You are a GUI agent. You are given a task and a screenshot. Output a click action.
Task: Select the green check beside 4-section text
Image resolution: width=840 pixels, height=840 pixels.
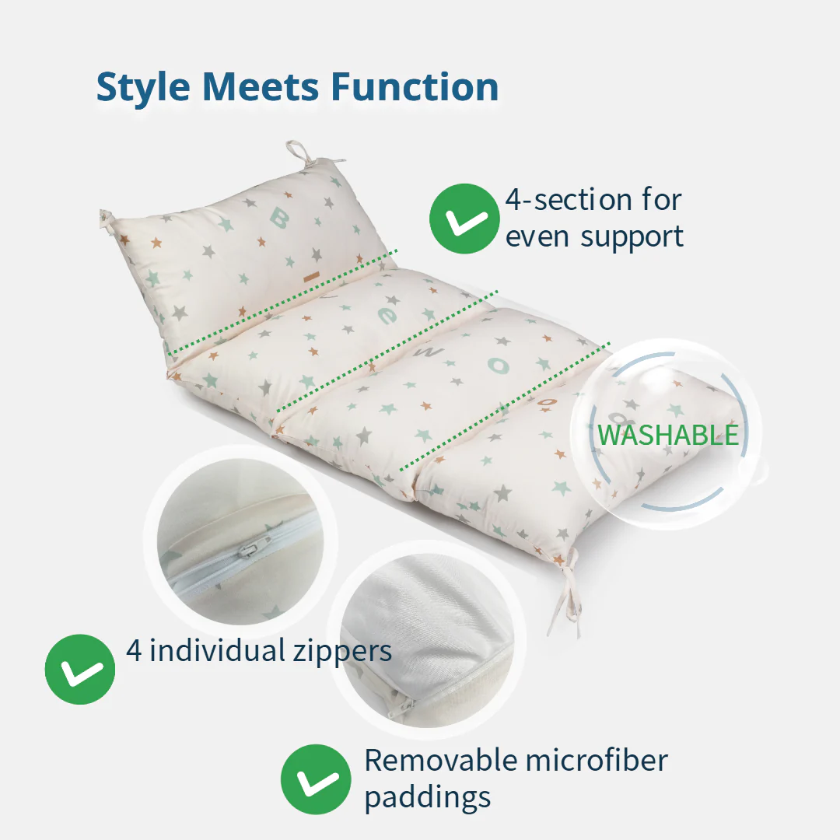[x=464, y=219]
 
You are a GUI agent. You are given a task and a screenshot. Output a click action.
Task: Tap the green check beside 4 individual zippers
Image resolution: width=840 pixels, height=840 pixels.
[x=80, y=669]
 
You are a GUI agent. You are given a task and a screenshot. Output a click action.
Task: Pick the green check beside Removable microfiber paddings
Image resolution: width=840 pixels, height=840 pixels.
[x=316, y=779]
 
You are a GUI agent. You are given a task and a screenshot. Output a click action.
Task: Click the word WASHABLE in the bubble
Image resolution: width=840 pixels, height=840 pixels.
[x=667, y=435]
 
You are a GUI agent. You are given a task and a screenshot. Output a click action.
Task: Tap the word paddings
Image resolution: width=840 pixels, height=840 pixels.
[x=428, y=797]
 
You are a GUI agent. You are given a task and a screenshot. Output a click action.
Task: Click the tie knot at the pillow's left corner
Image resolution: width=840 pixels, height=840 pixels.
[x=107, y=221]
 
